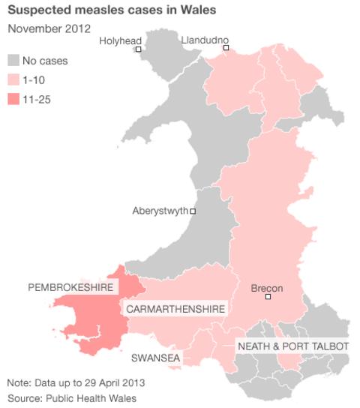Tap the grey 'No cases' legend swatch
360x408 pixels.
[14, 60]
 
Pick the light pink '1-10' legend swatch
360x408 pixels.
[14, 79]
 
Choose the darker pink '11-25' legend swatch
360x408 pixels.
[14, 98]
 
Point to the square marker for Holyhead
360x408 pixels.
[139, 49]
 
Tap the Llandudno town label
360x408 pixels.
[205, 39]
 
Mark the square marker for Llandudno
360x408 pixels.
[226, 49]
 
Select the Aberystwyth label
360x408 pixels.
[160, 211]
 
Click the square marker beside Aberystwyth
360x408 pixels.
[193, 211]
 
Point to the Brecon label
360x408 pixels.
[266, 287]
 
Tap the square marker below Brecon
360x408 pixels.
[268, 298]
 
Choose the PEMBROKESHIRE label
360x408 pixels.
[70, 287]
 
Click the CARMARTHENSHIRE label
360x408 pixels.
[175, 309]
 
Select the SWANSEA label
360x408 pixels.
[156, 358]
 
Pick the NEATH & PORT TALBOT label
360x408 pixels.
[292, 346]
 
